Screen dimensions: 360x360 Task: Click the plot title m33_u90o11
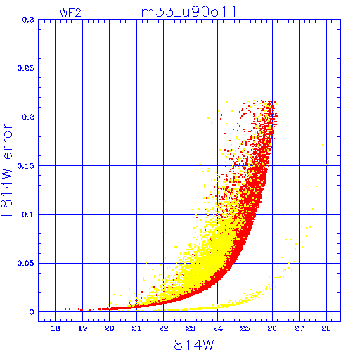188,12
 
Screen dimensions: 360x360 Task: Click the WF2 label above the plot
70,13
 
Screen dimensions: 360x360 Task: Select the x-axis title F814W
190,345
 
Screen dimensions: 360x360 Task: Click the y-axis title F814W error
6,170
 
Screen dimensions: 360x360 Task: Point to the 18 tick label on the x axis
56,328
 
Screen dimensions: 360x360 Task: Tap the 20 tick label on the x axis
109,328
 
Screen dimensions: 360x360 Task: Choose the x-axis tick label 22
164,328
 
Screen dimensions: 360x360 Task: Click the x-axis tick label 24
218,328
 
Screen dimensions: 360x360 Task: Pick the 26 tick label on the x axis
272,328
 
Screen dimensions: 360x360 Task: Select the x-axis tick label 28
326,328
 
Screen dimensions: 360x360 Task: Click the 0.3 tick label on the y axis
28,20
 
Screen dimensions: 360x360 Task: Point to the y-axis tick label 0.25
25,68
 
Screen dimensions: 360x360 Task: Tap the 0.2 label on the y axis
28,117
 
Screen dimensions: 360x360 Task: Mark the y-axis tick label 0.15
25,166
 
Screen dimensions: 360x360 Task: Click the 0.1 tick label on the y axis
28,214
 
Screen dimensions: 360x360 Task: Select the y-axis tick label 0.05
25,263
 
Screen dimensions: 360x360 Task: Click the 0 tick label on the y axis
32,312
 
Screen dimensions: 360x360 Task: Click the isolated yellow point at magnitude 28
327,165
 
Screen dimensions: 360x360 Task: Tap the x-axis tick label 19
82,328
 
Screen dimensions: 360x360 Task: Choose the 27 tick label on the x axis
299,328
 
